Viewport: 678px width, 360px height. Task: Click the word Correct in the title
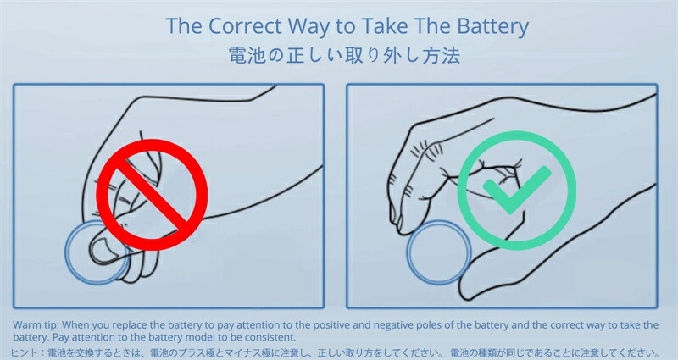point(245,26)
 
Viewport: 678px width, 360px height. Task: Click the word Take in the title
point(384,26)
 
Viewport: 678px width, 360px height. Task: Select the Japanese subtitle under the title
point(344,56)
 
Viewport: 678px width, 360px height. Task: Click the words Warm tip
point(36,325)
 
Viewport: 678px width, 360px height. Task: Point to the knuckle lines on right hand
point(426,149)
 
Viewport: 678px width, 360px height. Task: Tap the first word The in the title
point(184,26)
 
